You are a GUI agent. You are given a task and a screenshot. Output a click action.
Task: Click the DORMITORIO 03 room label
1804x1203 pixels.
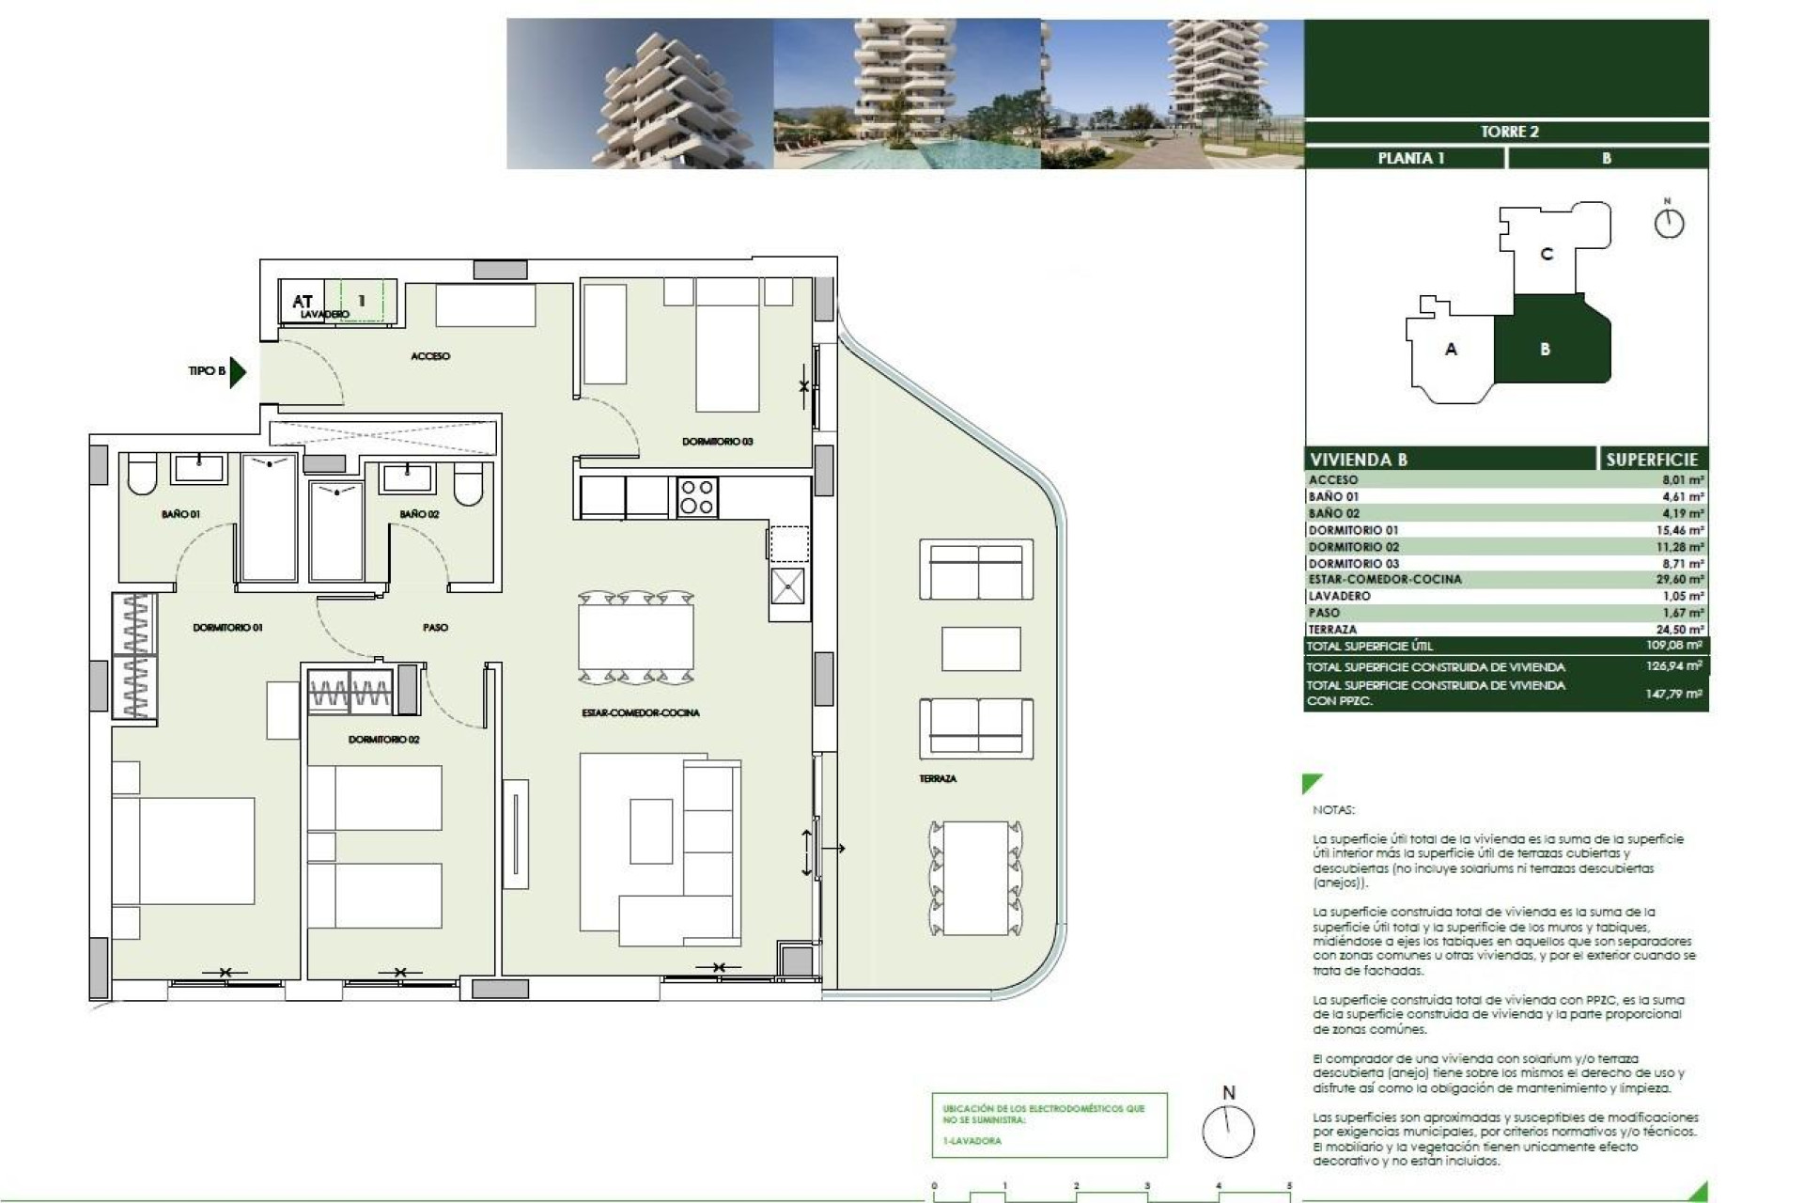(x=717, y=441)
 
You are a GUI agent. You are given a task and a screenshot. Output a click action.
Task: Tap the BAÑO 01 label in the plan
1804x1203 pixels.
(x=180, y=514)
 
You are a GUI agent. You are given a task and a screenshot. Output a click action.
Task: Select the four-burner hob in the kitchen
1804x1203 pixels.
(x=697, y=497)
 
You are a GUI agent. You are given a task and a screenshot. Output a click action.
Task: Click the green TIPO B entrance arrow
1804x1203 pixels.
(x=238, y=371)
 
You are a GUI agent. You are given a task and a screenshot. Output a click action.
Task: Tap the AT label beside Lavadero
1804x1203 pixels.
(x=302, y=302)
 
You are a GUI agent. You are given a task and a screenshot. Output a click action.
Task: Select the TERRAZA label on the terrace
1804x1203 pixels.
(x=938, y=778)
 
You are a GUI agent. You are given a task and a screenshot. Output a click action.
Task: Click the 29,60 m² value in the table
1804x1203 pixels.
(x=1679, y=580)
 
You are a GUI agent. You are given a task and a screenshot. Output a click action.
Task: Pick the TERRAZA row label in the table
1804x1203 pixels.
(x=1332, y=630)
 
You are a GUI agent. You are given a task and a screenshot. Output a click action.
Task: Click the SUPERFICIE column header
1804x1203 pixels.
(x=1651, y=460)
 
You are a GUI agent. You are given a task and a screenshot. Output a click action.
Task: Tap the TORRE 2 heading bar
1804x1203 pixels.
(x=1509, y=132)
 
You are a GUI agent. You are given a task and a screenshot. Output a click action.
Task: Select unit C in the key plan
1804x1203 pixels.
(x=1547, y=254)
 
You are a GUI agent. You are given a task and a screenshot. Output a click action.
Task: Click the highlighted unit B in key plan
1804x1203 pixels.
(x=1545, y=350)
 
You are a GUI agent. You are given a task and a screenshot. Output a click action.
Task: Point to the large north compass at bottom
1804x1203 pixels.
(x=1228, y=1131)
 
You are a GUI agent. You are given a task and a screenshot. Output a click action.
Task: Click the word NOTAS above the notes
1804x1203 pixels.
(x=1333, y=809)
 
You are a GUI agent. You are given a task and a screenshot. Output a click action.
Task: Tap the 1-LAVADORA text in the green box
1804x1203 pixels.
(x=972, y=1141)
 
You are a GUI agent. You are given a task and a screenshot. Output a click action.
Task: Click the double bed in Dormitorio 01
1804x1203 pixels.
(x=183, y=851)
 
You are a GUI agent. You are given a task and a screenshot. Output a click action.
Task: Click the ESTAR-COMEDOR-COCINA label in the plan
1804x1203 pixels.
(x=640, y=712)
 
